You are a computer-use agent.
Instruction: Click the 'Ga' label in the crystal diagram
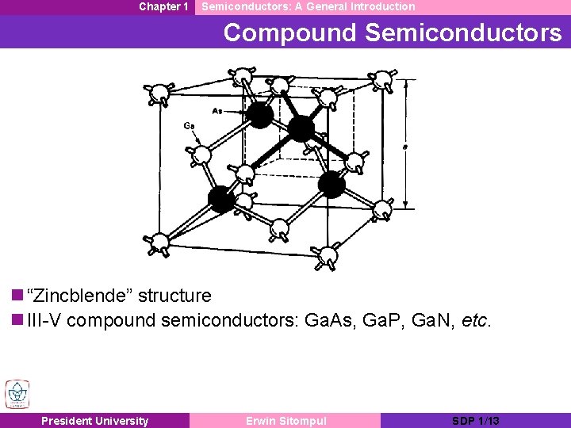pos(190,125)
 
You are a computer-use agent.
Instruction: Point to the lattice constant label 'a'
pos(405,147)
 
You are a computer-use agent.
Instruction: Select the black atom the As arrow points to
pos(260,116)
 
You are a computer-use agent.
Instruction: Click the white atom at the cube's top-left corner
pos(161,94)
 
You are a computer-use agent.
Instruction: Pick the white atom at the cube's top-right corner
pos(383,80)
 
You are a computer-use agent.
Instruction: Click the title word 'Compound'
pos(290,32)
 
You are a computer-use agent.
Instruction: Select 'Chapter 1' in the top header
pos(163,6)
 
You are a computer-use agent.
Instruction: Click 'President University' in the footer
pos(94,421)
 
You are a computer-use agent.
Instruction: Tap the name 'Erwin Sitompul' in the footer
pos(285,421)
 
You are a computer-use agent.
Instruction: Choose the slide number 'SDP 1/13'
pos(475,421)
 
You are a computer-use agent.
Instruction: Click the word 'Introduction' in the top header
pos(377,6)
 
